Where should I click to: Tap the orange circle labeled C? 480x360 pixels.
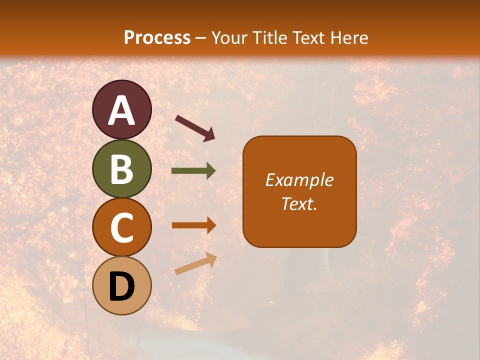121,227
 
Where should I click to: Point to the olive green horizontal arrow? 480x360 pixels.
193,171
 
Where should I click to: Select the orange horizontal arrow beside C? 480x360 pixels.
193,225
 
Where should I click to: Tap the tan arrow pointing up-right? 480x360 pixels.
195,263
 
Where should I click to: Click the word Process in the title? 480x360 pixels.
157,37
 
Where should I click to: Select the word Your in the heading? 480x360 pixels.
229,37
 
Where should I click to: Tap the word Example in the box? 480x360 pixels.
299,180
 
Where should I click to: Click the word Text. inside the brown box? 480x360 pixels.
299,203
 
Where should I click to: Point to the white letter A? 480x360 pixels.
121,110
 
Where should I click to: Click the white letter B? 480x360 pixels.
121,169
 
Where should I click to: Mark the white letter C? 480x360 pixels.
121,227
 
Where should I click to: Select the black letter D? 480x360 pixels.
121,286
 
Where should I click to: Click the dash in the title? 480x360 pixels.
201,38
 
